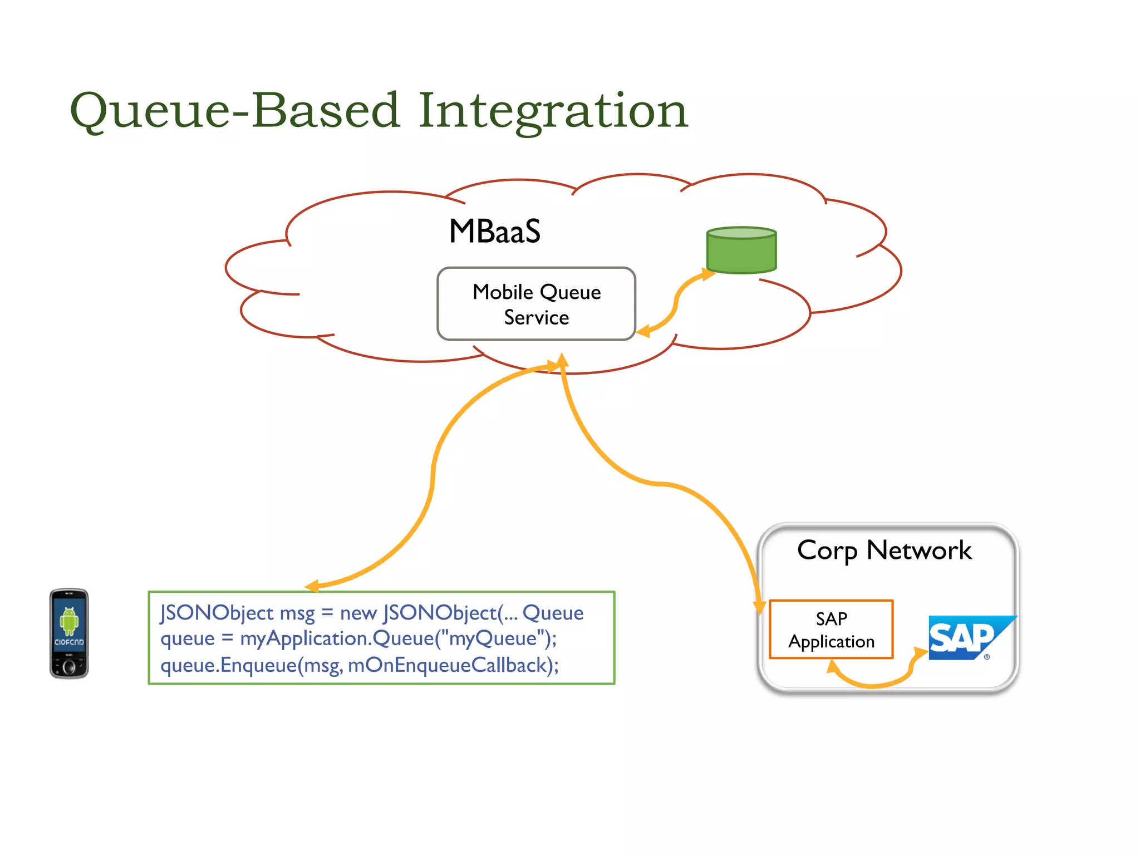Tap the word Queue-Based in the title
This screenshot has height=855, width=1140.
click(x=234, y=110)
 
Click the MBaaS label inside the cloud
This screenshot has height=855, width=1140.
click(x=494, y=232)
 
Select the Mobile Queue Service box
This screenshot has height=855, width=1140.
click(x=536, y=304)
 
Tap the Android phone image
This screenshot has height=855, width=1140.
click(x=69, y=633)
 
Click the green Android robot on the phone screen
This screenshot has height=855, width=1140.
click(x=69, y=621)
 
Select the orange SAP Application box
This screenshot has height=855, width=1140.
click(x=831, y=630)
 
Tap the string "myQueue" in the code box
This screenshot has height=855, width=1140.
click(x=492, y=638)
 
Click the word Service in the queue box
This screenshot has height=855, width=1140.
click(x=536, y=318)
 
